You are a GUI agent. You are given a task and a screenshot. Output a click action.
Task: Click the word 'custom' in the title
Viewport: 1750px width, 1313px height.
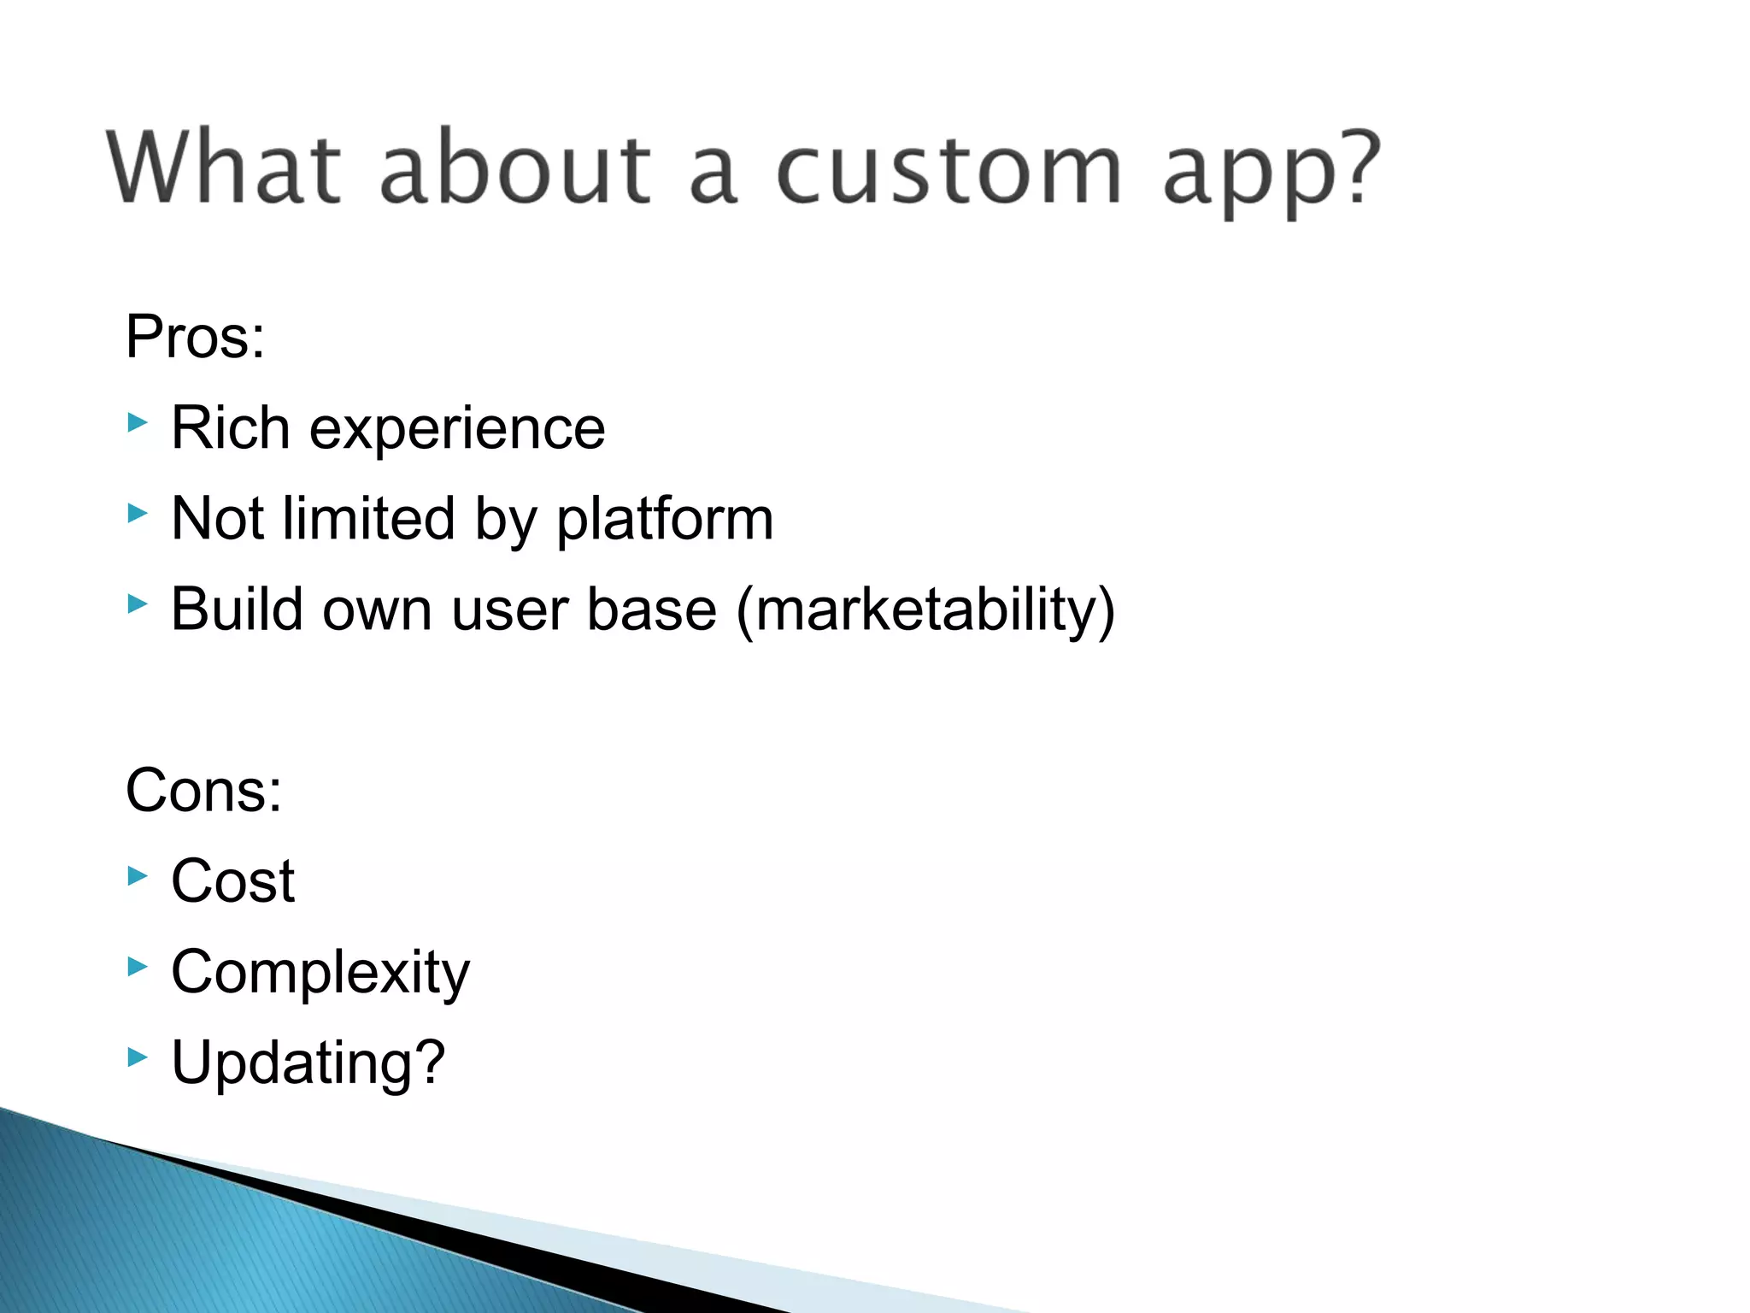click(x=948, y=168)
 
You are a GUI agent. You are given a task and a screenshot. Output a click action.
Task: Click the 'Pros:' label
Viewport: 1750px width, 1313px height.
click(x=195, y=337)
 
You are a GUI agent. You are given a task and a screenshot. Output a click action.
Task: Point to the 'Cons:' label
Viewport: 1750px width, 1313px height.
click(x=203, y=791)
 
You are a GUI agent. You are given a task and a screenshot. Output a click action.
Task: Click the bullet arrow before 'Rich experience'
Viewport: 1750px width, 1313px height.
click(x=138, y=422)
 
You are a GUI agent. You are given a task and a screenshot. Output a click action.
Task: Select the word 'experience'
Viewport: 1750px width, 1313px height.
click(x=456, y=430)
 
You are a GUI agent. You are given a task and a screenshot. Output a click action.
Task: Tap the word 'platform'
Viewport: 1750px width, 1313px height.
click(x=665, y=520)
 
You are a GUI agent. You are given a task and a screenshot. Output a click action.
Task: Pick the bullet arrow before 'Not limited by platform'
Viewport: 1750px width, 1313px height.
click(x=138, y=513)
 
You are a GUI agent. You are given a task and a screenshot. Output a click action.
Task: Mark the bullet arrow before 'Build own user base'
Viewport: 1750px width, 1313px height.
click(x=138, y=604)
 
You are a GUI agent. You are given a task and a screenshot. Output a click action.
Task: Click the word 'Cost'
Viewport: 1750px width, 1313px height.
click(x=232, y=881)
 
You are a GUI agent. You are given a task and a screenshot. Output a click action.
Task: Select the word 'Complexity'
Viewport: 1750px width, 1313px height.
click(x=320, y=974)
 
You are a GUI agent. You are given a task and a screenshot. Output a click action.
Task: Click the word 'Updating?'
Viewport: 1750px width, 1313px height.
click(x=308, y=1063)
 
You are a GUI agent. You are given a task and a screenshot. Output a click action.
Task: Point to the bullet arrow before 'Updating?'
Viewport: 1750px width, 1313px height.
click(x=138, y=1057)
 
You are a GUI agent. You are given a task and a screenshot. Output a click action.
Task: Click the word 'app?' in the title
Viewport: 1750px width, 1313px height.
click(x=1271, y=171)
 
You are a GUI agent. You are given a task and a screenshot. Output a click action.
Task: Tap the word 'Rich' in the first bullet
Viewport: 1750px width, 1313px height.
click(x=230, y=428)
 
